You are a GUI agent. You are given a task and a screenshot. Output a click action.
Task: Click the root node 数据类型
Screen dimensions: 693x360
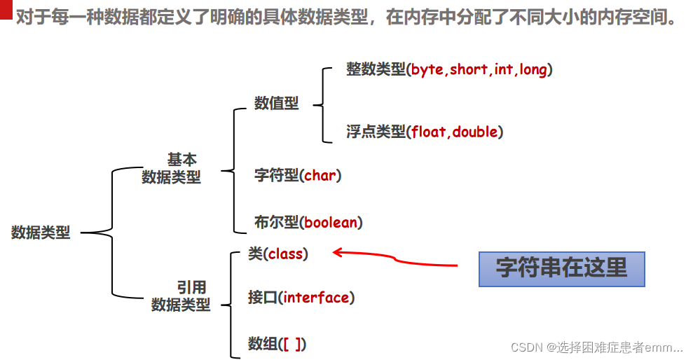click(41, 233)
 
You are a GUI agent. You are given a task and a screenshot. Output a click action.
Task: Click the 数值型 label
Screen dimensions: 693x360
click(276, 104)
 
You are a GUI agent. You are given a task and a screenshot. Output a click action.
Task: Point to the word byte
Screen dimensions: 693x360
click(427, 69)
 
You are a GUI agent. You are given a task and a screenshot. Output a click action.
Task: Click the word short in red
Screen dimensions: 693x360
click(469, 69)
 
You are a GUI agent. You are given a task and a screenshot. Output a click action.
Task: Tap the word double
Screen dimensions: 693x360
click(475, 131)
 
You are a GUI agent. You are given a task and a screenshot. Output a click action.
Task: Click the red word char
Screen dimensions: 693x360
click(320, 175)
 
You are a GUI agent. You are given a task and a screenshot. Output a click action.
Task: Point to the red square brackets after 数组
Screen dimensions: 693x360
click(294, 344)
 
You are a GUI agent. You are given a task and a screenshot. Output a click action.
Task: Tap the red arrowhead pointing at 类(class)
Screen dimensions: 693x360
click(337, 252)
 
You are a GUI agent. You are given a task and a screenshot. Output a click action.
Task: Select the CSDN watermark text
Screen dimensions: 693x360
click(596, 347)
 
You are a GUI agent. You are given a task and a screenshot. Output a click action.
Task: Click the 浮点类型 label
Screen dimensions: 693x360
click(376, 131)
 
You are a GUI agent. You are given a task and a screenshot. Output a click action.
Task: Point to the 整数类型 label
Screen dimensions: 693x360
click(376, 69)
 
